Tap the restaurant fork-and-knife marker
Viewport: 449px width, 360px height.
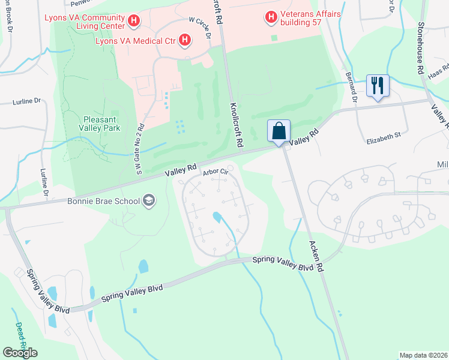click(x=378, y=85)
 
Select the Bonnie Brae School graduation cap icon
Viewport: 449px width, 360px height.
click(x=148, y=201)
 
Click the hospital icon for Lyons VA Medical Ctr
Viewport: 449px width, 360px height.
click(x=185, y=41)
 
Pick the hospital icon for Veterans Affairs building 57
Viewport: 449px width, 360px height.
click(x=271, y=17)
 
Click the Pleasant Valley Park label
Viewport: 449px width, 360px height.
click(x=100, y=124)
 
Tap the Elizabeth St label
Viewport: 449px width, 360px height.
click(x=384, y=137)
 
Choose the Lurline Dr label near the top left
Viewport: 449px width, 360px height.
click(x=26, y=102)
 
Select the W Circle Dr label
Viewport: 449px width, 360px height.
click(x=200, y=28)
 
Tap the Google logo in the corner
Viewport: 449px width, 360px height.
click(x=20, y=352)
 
